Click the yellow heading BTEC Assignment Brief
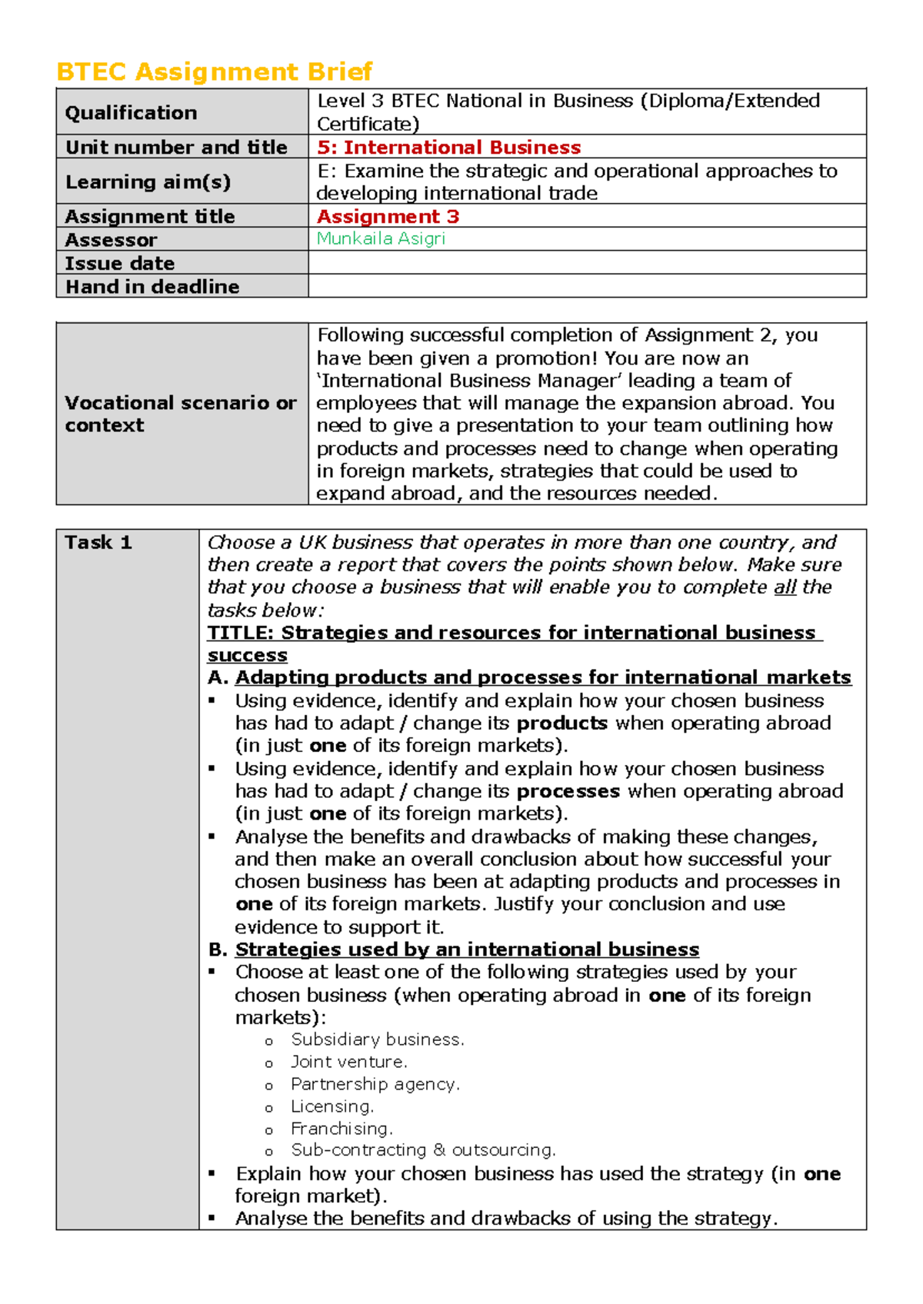click(x=214, y=72)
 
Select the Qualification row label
click(x=131, y=113)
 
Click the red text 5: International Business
click(x=448, y=147)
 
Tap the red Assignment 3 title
click(x=388, y=216)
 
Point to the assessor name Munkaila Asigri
click(x=381, y=238)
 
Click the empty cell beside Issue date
click(x=586, y=263)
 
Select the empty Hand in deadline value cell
click(x=586, y=286)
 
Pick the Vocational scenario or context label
click(x=180, y=414)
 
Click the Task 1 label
click(x=98, y=543)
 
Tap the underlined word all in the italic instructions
click(x=784, y=587)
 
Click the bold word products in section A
click(x=561, y=724)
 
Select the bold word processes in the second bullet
click(x=568, y=791)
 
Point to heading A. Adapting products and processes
click(x=529, y=677)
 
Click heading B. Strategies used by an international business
click(x=454, y=950)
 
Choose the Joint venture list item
click(x=348, y=1062)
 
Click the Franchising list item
click(x=342, y=1129)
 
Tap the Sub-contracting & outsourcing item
click(x=422, y=1150)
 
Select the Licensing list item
click(x=332, y=1106)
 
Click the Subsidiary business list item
click(x=377, y=1040)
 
